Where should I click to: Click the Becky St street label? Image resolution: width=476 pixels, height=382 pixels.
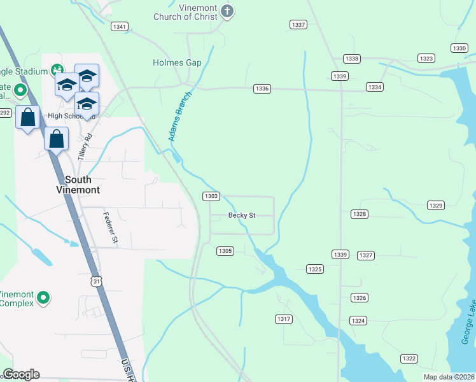[242, 215]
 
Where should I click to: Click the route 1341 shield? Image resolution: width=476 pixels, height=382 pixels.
[119, 27]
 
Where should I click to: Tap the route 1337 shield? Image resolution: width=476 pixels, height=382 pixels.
[298, 25]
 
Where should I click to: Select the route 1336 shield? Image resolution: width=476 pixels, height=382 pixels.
[262, 88]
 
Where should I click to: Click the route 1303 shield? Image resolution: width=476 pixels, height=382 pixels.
[211, 196]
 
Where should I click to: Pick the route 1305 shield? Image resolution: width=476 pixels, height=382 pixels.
[225, 251]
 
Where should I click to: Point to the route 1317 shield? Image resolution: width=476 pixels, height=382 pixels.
[284, 318]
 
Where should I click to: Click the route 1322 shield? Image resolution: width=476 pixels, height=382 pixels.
[409, 358]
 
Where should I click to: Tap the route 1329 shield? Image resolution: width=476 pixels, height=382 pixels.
[435, 205]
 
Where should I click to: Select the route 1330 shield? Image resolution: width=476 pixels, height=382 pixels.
[459, 48]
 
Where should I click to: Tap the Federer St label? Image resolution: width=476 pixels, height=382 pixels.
[110, 227]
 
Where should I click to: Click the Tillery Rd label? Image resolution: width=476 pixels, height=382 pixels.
[85, 146]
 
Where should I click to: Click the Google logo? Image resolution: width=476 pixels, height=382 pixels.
[21, 374]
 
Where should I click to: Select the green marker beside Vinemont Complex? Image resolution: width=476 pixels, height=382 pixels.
[43, 297]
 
